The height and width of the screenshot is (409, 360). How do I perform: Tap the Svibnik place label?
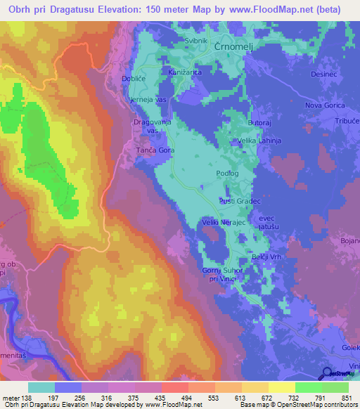[x=177, y=41]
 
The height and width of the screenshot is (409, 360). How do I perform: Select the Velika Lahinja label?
[x=259, y=141]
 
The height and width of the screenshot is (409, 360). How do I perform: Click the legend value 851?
[x=347, y=378]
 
